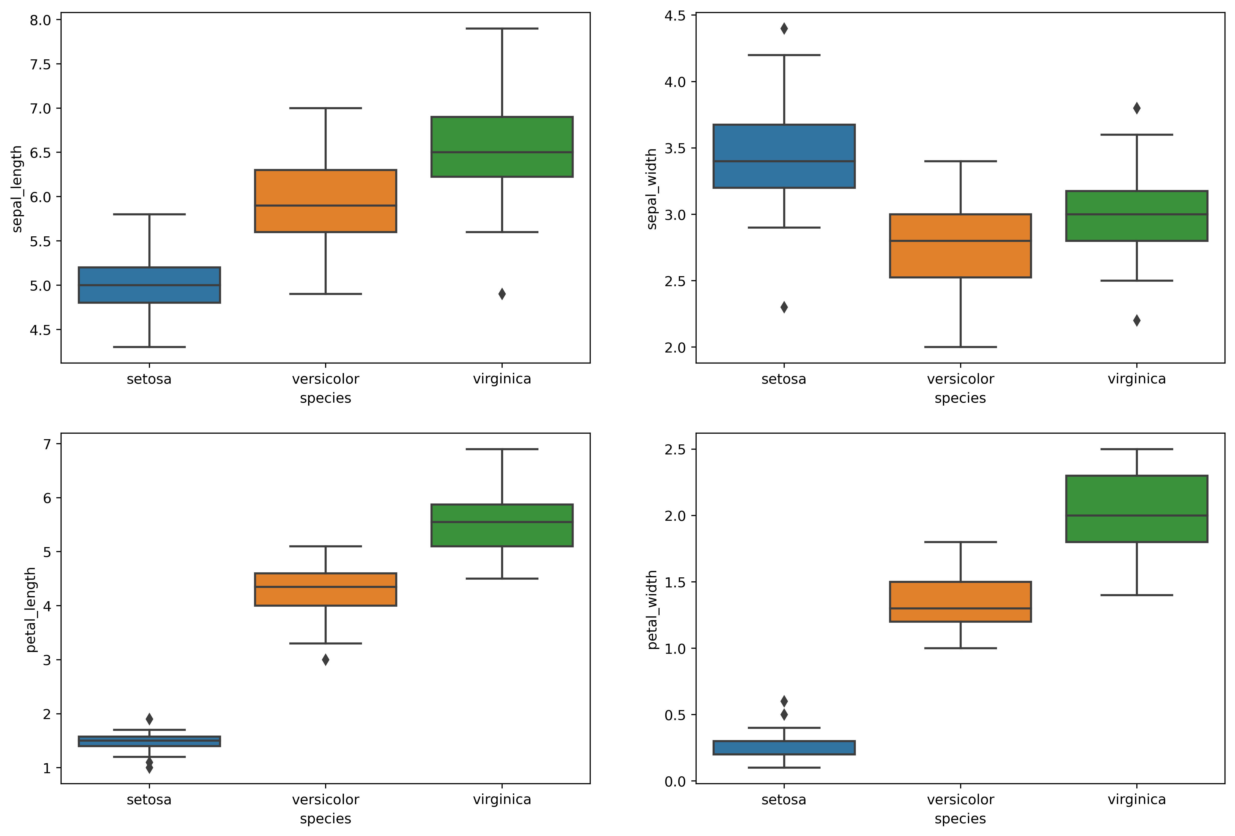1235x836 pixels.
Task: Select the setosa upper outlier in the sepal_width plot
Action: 784,29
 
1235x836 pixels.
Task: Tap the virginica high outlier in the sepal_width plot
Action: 1137,108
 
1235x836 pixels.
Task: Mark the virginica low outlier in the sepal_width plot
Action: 1137,320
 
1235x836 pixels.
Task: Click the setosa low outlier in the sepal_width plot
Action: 784,307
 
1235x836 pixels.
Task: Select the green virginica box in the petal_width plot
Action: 1137,509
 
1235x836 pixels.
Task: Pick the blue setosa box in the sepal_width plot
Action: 784,156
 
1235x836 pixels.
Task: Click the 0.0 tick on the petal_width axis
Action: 675,781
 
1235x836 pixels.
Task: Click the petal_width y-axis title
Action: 652,610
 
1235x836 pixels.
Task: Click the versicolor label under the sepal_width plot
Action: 960,379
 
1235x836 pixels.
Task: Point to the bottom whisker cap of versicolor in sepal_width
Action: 960,347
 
